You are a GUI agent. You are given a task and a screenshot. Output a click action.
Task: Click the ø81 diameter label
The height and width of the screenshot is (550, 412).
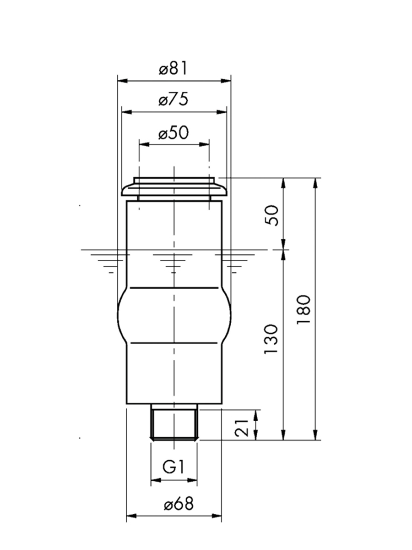173,68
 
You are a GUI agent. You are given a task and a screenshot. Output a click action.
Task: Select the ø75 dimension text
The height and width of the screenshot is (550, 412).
173,99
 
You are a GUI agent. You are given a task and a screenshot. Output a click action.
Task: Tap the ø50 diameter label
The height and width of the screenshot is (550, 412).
173,132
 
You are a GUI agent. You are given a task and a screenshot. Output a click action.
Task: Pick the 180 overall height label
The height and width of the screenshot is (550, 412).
304,310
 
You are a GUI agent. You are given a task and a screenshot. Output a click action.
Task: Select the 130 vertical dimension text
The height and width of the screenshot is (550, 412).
271,339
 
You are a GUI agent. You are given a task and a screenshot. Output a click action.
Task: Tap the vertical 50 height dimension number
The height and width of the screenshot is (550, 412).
271,216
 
